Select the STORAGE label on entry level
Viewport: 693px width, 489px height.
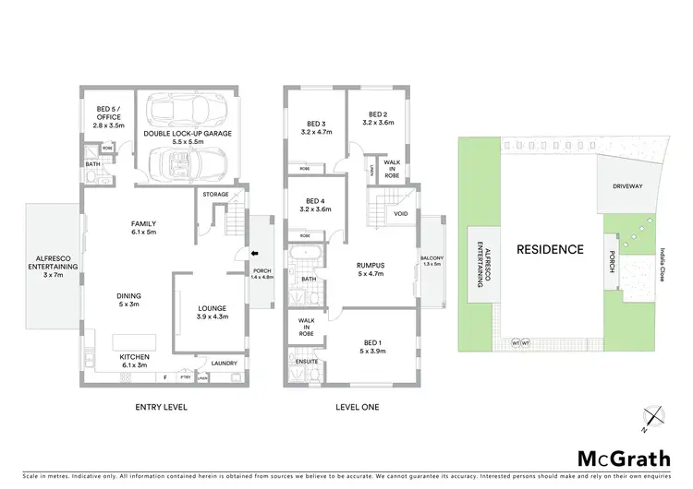point(215,195)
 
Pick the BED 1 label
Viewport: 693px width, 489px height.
point(373,345)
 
